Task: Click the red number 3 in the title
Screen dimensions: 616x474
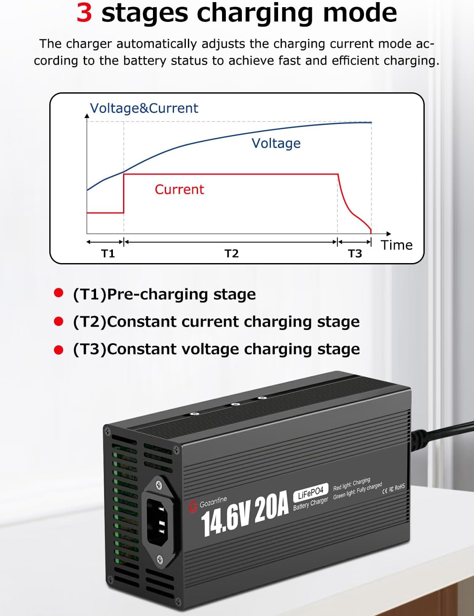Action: (84, 13)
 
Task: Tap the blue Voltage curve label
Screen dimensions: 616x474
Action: (276, 143)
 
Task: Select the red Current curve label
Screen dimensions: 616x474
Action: (179, 189)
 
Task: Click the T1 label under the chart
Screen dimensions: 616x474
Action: (108, 253)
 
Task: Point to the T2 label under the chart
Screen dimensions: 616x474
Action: (231, 253)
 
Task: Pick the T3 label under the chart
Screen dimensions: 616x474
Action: (355, 253)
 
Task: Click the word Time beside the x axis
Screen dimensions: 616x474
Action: (396, 245)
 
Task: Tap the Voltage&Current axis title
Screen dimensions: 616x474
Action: (144, 108)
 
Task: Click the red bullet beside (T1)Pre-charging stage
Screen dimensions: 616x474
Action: (59, 293)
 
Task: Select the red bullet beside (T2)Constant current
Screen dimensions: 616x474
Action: (59, 322)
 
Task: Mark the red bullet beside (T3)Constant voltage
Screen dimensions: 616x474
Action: (59, 350)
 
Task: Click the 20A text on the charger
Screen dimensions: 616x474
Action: (271, 506)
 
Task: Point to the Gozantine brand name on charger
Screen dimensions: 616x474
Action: (213, 502)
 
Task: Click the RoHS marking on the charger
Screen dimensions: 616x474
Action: (399, 487)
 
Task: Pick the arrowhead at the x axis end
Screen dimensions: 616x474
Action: (388, 234)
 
